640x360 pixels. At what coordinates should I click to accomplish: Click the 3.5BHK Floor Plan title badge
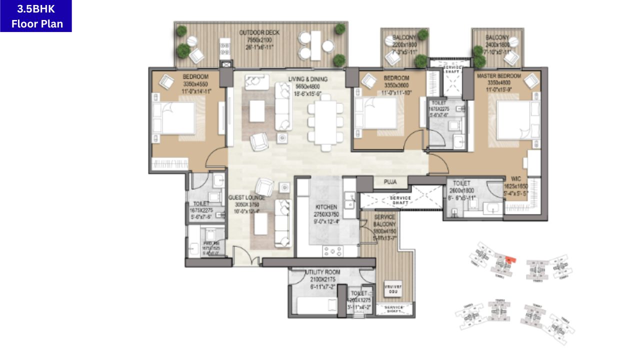36,16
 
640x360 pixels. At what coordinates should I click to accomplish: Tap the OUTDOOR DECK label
259,33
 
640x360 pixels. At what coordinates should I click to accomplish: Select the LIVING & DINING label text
307,79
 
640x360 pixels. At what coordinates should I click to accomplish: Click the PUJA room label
390,182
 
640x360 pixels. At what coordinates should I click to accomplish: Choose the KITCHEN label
326,207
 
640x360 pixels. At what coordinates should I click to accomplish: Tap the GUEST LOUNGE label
247,198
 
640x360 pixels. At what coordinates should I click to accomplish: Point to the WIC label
516,178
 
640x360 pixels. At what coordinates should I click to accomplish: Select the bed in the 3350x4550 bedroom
173,118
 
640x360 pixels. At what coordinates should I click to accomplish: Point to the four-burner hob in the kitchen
332,250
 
